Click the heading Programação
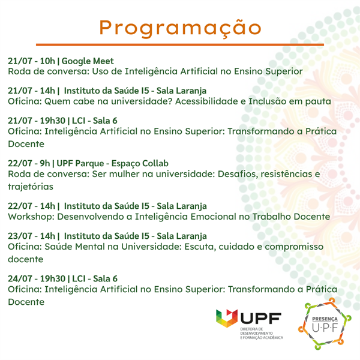[x=180, y=28]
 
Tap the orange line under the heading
[x=180, y=44]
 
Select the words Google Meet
[x=88, y=61]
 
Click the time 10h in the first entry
[x=47, y=61]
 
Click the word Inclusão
[x=267, y=101]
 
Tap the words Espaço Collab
[x=140, y=163]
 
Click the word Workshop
[x=31, y=217]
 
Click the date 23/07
[x=20, y=236]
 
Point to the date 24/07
[x=20, y=279]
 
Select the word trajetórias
[x=31, y=187]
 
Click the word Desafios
[x=238, y=174]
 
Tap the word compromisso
[x=294, y=247]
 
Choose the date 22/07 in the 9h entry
[x=20, y=163]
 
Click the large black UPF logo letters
[x=261, y=318]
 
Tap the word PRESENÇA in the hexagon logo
[x=325, y=319]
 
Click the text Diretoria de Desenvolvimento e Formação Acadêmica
[x=262, y=334]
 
